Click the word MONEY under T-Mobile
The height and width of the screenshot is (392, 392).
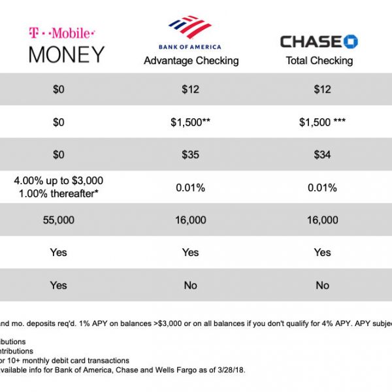(67, 54)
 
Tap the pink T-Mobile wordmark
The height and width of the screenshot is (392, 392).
(62, 32)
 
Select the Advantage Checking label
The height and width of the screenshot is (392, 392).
(191, 61)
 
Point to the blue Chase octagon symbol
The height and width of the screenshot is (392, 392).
(350, 41)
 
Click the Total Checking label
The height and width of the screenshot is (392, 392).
(319, 61)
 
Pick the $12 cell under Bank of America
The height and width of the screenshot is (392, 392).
(191, 90)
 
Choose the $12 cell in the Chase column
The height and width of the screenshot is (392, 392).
(322, 90)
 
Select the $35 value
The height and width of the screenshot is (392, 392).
(191, 155)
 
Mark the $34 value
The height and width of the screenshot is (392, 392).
(322, 155)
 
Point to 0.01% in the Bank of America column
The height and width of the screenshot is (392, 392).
(191, 188)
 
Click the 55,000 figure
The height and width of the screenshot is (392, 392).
(58, 220)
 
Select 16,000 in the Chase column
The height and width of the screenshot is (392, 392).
(322, 220)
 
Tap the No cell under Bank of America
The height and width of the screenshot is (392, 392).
(191, 286)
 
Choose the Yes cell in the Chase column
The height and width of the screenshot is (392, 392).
(322, 252)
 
